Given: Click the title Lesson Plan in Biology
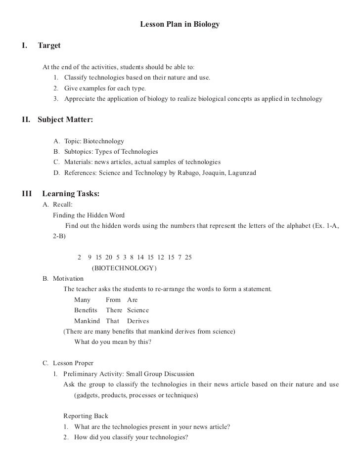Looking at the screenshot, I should pos(180,24).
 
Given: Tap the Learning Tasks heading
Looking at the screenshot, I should pos(71,194).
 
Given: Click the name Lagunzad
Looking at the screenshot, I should pos(239,173).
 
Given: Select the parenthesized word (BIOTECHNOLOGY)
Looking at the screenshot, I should pos(124,268).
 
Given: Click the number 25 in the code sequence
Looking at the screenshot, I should pos(188,257).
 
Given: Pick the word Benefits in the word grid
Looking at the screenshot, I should pos(86,310).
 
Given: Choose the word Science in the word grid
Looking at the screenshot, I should pos(137,310).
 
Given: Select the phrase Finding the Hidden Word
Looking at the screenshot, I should pos(89,215).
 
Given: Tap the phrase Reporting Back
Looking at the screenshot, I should pos(86,416).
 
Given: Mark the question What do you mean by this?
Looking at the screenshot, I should pos(112,342).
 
